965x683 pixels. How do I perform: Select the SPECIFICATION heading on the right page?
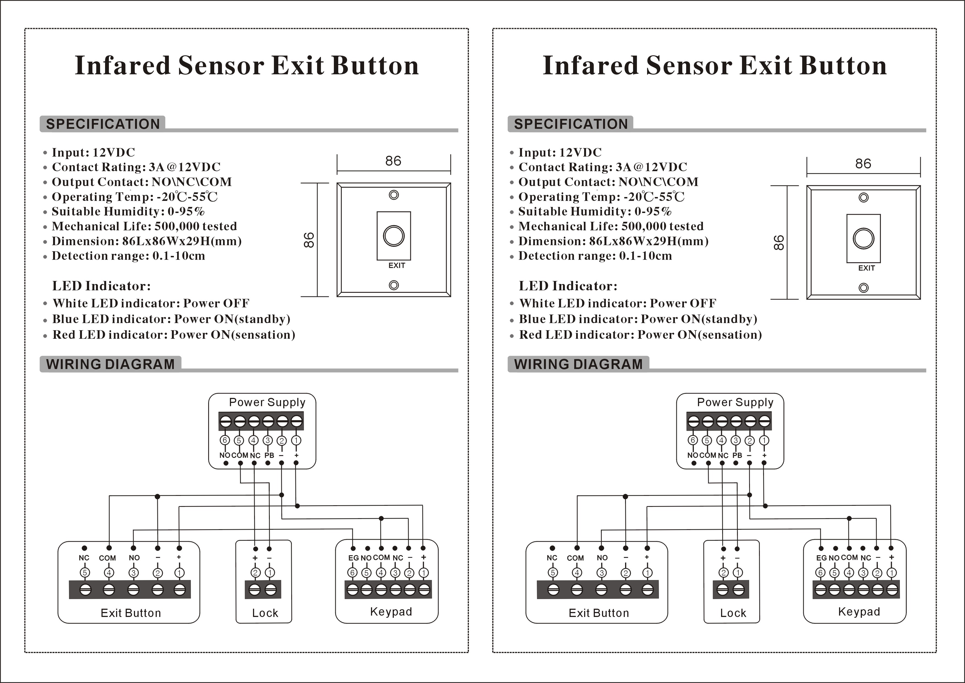tap(570, 124)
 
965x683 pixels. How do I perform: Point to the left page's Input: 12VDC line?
tap(93, 152)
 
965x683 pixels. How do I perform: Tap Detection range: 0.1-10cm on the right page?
tap(595, 256)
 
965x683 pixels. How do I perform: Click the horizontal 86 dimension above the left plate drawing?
tap(393, 161)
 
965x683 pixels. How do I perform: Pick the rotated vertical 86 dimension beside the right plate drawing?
tap(779, 243)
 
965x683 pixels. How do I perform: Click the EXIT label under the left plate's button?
tap(396, 265)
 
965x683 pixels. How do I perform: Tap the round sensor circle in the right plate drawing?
tap(863, 239)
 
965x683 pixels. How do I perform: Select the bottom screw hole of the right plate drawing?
tap(863, 288)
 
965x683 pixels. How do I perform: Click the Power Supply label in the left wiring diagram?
tap(267, 403)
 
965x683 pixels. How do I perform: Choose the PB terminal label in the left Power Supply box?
tap(269, 455)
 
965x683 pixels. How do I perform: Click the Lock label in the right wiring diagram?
tap(733, 613)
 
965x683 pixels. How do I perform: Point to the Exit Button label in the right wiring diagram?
tap(598, 613)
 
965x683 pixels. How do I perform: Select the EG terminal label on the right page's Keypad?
tap(821, 558)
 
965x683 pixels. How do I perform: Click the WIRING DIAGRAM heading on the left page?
tap(110, 364)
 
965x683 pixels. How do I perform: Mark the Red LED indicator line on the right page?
tap(640, 335)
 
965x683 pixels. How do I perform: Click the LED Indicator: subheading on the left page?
tap(101, 286)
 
